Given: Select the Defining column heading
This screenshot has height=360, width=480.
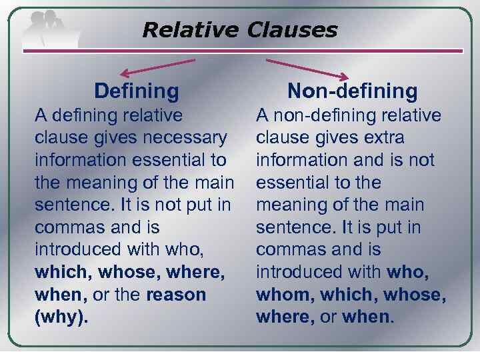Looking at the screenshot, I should [x=137, y=91].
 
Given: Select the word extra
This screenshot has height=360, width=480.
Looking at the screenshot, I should [x=383, y=138].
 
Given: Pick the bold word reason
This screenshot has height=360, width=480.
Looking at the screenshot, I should [x=177, y=295].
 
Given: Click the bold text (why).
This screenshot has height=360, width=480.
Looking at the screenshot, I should [x=61, y=317].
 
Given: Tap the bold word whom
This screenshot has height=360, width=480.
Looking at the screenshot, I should [x=283, y=295].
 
